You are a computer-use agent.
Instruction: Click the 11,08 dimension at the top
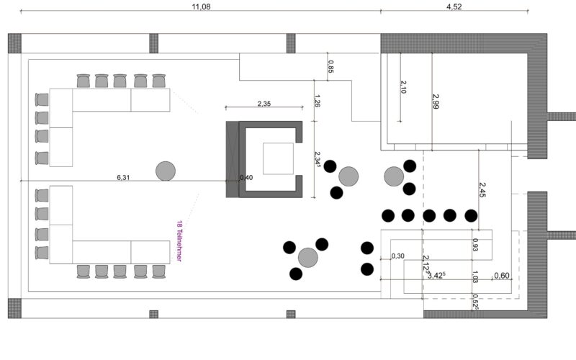(x=200, y=6)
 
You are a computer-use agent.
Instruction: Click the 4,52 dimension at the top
(x=454, y=6)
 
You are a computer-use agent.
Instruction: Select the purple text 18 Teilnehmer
(x=179, y=241)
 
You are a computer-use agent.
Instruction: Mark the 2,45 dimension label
(x=482, y=189)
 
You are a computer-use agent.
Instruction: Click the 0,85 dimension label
(x=330, y=67)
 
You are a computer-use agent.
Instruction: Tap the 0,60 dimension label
(x=501, y=276)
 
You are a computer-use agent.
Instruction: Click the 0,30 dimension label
(x=397, y=256)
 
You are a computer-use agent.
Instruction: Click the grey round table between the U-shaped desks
(x=166, y=171)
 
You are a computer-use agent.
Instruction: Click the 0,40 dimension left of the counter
(x=246, y=178)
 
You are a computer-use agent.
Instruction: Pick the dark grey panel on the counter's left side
(x=232, y=160)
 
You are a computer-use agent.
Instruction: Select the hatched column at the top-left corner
(x=15, y=42)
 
